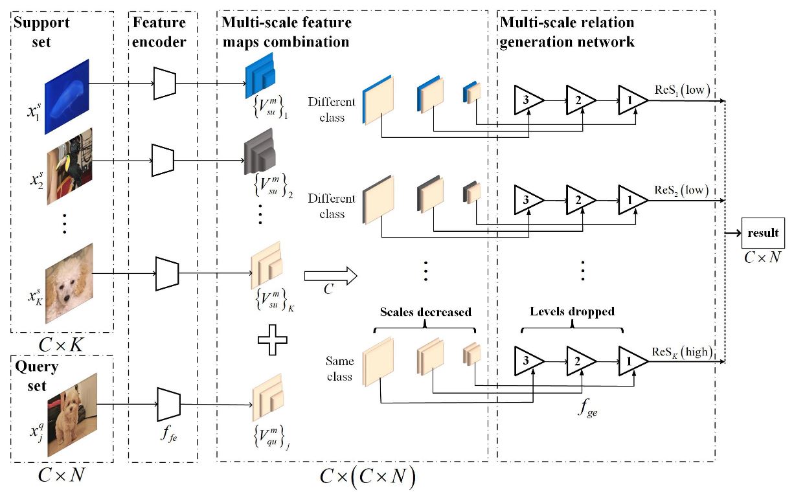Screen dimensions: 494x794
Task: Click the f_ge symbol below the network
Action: point(589,409)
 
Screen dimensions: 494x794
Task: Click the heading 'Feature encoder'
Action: point(159,32)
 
